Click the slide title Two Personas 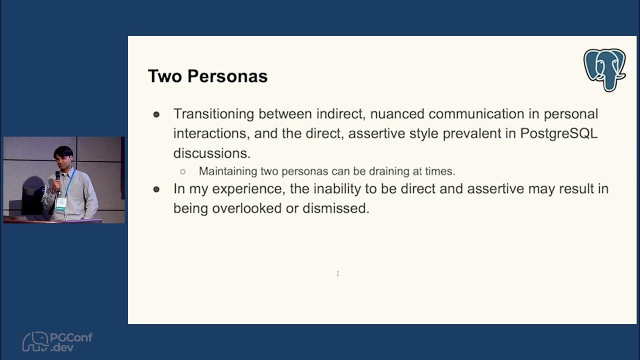point(207,76)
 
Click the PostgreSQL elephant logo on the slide point(604,69)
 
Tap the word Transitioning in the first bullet point(214,114)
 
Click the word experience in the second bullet point(240,189)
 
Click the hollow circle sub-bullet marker point(183,171)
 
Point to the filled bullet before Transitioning point(156,114)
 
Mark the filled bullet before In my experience point(156,189)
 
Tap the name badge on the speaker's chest point(60,202)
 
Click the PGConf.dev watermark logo point(57,341)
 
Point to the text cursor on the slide point(338,273)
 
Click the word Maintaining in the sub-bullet point(228,171)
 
